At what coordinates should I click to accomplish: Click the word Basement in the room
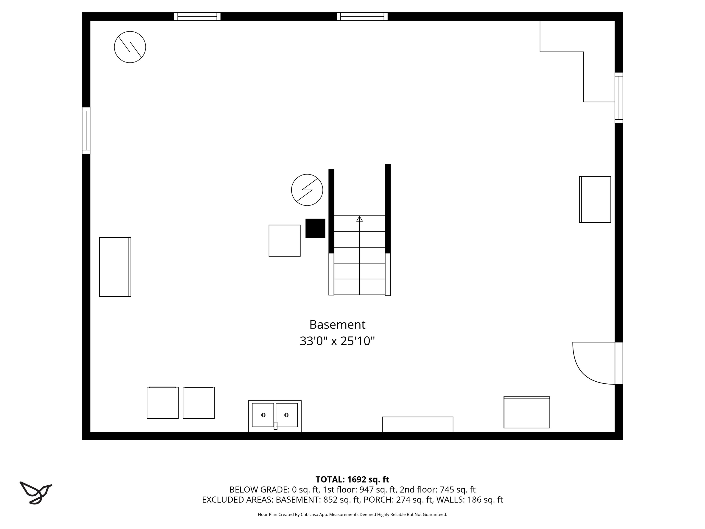coord(337,325)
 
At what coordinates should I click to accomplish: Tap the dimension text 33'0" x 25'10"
coord(337,341)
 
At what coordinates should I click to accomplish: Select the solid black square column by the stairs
coord(315,228)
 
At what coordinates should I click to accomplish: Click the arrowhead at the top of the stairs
coord(360,219)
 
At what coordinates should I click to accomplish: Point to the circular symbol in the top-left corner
coord(130,47)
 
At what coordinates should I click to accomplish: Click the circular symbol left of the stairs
coord(307,190)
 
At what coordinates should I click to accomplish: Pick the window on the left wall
coord(86,130)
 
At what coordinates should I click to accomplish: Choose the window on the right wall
coord(619,98)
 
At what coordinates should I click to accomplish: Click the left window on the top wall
coord(197,16)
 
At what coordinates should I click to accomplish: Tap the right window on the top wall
coord(362,16)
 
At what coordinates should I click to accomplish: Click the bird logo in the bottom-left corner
coord(36,493)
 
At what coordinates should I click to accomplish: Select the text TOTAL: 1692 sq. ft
coord(352,480)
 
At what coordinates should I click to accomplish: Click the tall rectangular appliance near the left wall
coord(115,267)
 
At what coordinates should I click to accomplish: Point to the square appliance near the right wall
coord(595,199)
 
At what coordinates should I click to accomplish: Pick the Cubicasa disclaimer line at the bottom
coord(352,514)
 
